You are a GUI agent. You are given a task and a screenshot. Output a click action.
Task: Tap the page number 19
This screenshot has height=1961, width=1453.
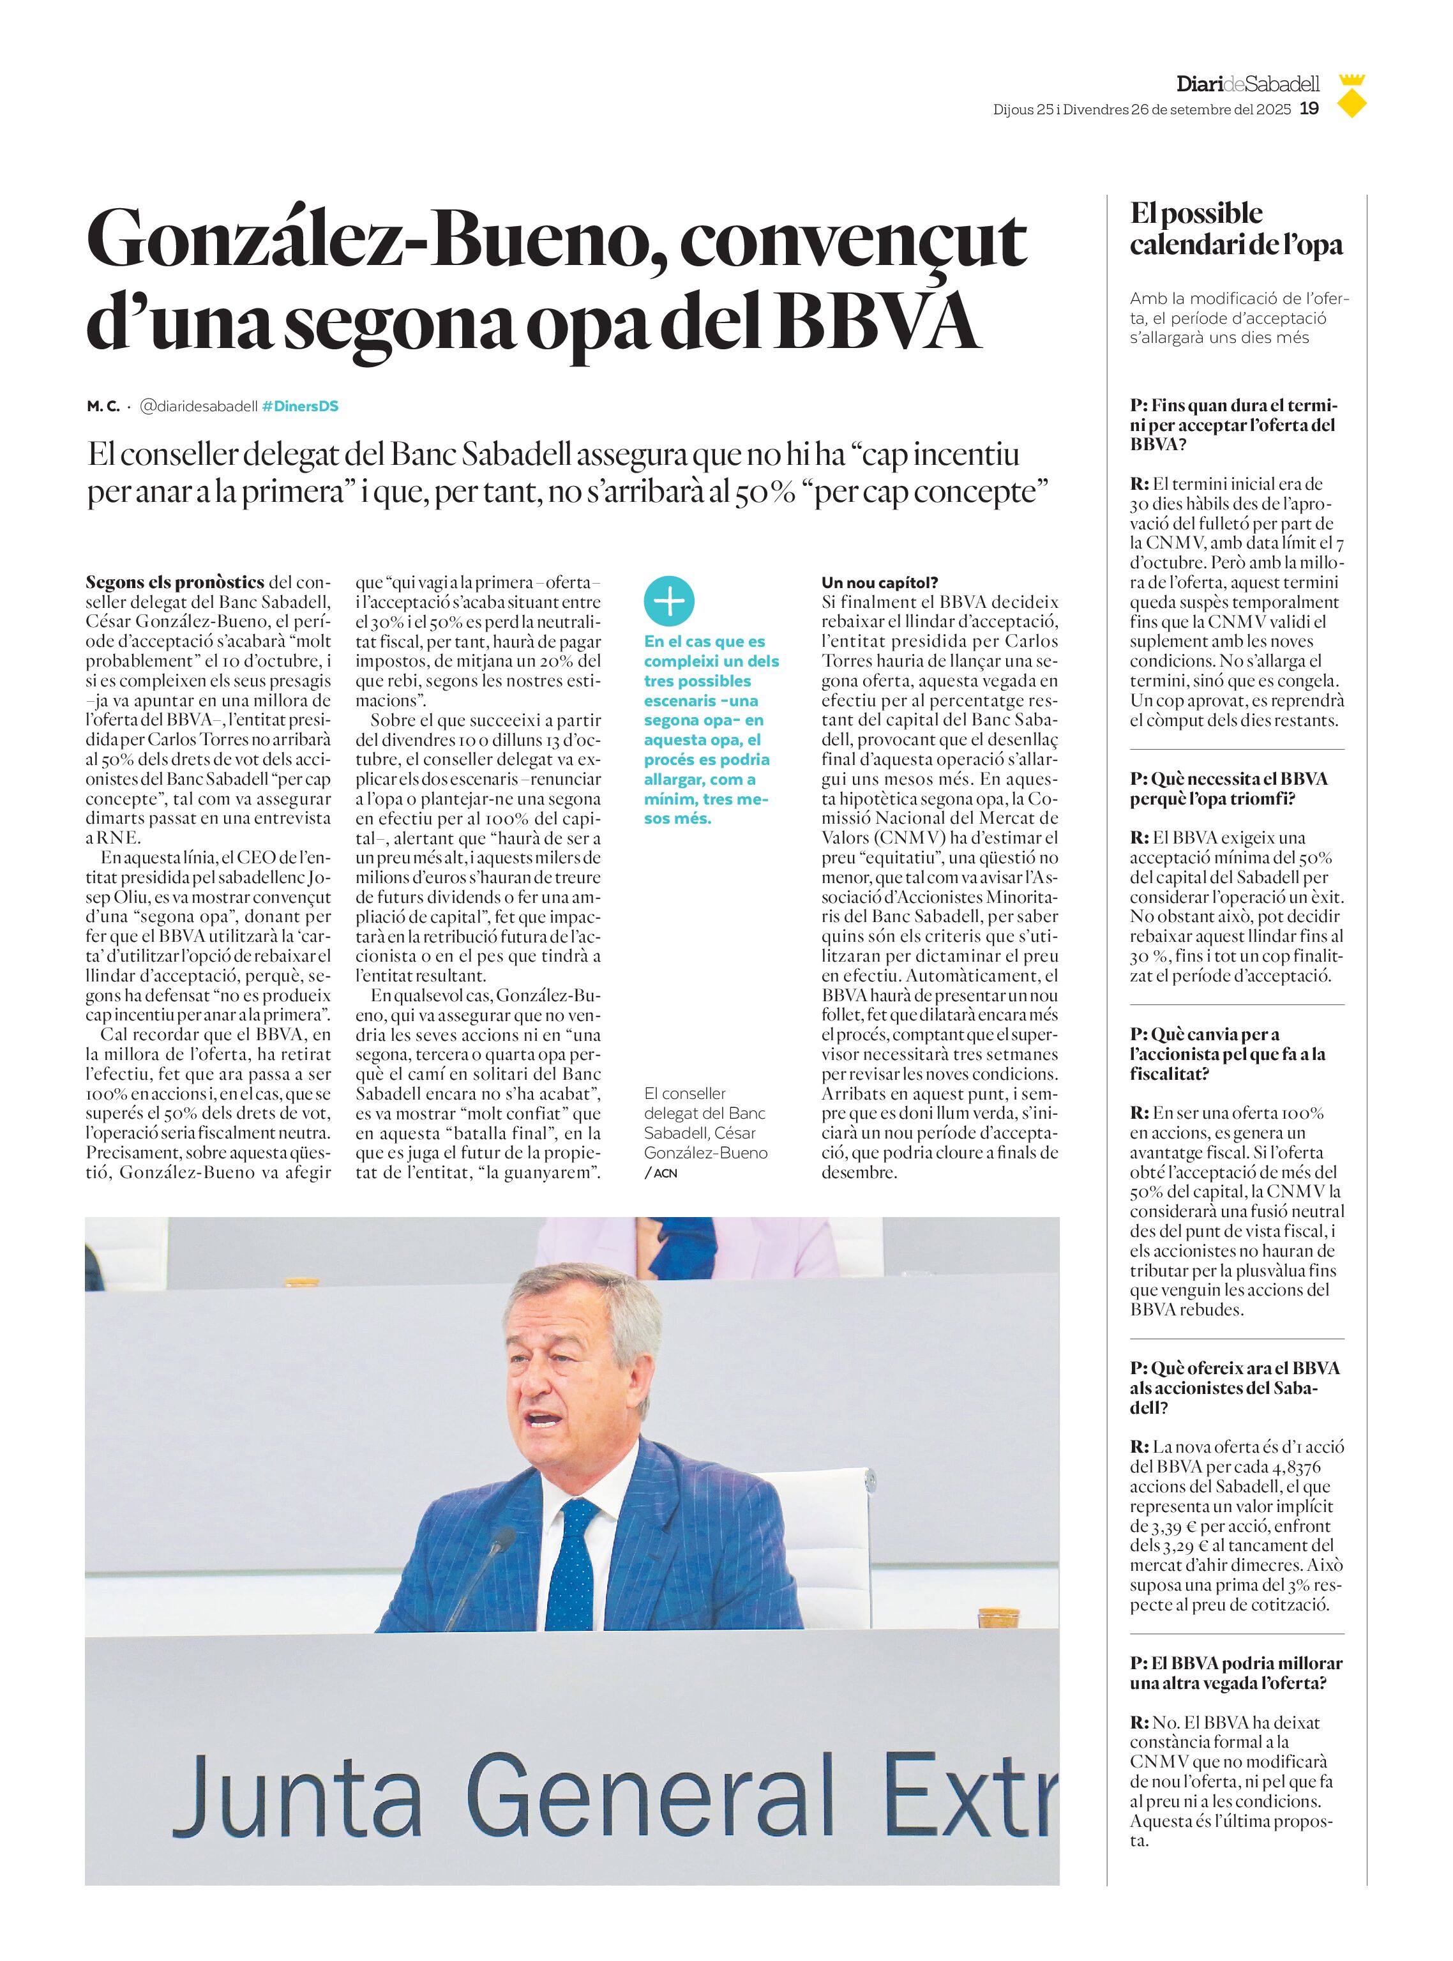point(1309,109)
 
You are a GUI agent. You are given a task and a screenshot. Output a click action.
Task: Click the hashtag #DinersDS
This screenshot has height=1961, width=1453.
point(300,407)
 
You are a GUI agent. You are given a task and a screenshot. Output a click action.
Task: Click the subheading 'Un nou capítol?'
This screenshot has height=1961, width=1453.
point(880,582)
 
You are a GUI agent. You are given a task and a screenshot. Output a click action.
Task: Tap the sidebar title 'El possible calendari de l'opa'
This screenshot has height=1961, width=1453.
point(1236,229)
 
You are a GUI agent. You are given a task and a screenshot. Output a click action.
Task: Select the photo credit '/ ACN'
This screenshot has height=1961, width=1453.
point(661,1173)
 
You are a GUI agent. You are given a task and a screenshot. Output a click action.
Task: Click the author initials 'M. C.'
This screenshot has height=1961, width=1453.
point(103,407)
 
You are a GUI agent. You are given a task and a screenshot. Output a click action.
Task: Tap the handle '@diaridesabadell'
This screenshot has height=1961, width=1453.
point(199,407)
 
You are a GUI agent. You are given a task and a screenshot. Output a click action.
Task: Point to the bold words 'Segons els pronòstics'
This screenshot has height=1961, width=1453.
point(175,582)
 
